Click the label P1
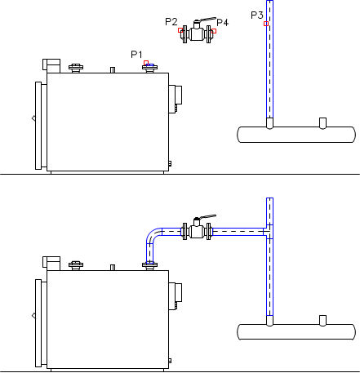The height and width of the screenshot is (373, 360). coord(136,55)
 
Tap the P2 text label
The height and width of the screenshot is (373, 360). coord(171,22)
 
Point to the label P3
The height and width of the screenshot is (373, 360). coord(257,16)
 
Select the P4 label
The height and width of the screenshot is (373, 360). coord(223,22)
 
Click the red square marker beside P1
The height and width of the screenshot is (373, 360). coord(146,63)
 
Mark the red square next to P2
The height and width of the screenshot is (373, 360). coord(180,30)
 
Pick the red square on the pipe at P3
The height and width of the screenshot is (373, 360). coord(266,24)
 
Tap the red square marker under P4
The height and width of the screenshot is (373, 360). coord(214,31)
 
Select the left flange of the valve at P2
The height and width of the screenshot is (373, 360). coord(185,34)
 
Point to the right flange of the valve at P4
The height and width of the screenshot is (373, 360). coord(209,34)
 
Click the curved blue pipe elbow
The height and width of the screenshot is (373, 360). coord(153,234)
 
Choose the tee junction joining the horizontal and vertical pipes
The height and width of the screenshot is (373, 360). coord(269,232)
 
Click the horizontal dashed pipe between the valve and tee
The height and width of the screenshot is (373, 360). coord(238,232)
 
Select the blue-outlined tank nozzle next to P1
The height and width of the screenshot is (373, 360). coord(150,65)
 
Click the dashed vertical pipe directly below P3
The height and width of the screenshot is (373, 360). coord(269,60)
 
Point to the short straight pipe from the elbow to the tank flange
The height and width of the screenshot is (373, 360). coord(150,253)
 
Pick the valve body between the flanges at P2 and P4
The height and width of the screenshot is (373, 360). coord(197,34)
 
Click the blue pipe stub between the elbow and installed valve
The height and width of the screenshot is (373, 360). coord(171,232)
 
